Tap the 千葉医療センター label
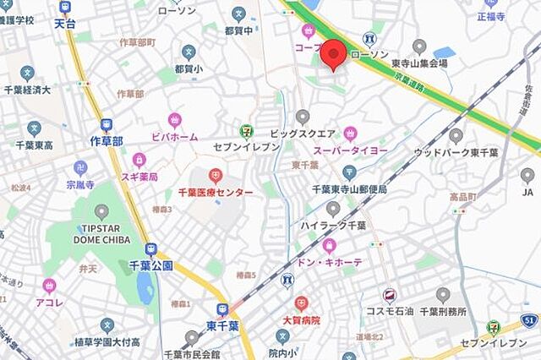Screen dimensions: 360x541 coord(215,193)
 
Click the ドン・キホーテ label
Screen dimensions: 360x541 coord(330,262)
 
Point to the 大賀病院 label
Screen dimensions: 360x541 coord(301,320)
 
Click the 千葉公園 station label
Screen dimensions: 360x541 coord(151,265)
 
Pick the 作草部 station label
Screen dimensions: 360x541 coord(106,141)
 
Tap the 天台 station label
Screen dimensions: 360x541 coord(65,24)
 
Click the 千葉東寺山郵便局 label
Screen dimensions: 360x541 coord(349,189)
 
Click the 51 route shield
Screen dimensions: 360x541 coord(530,319)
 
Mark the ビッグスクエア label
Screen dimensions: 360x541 coord(303,133)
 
